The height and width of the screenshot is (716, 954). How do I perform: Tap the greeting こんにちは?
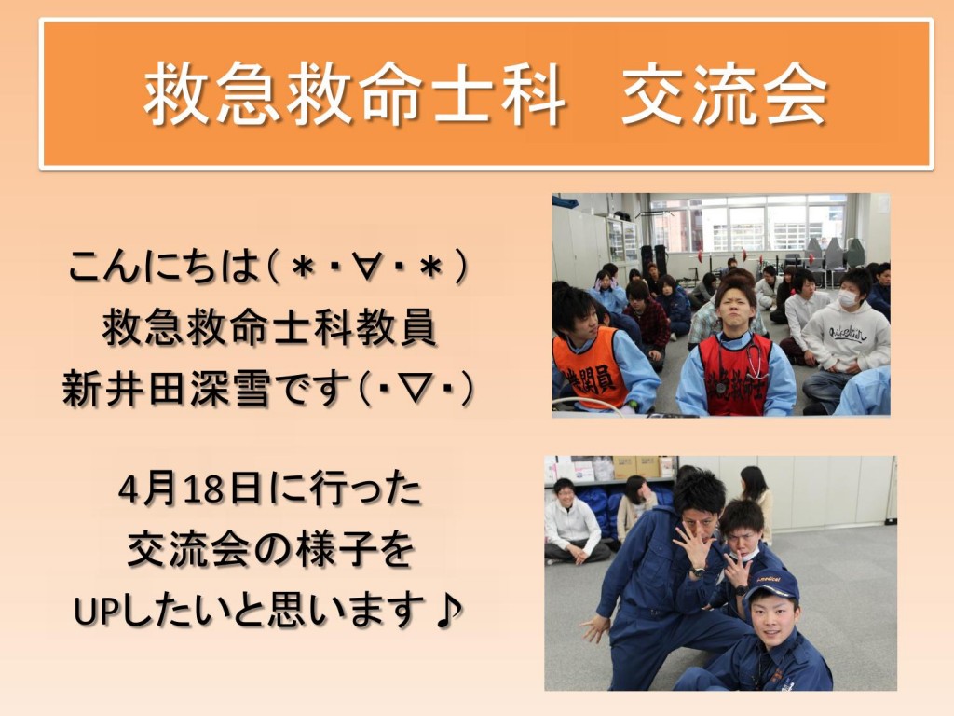[164, 268]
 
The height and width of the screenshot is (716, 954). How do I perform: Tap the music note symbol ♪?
[450, 611]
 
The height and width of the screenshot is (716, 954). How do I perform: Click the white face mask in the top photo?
[850, 298]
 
